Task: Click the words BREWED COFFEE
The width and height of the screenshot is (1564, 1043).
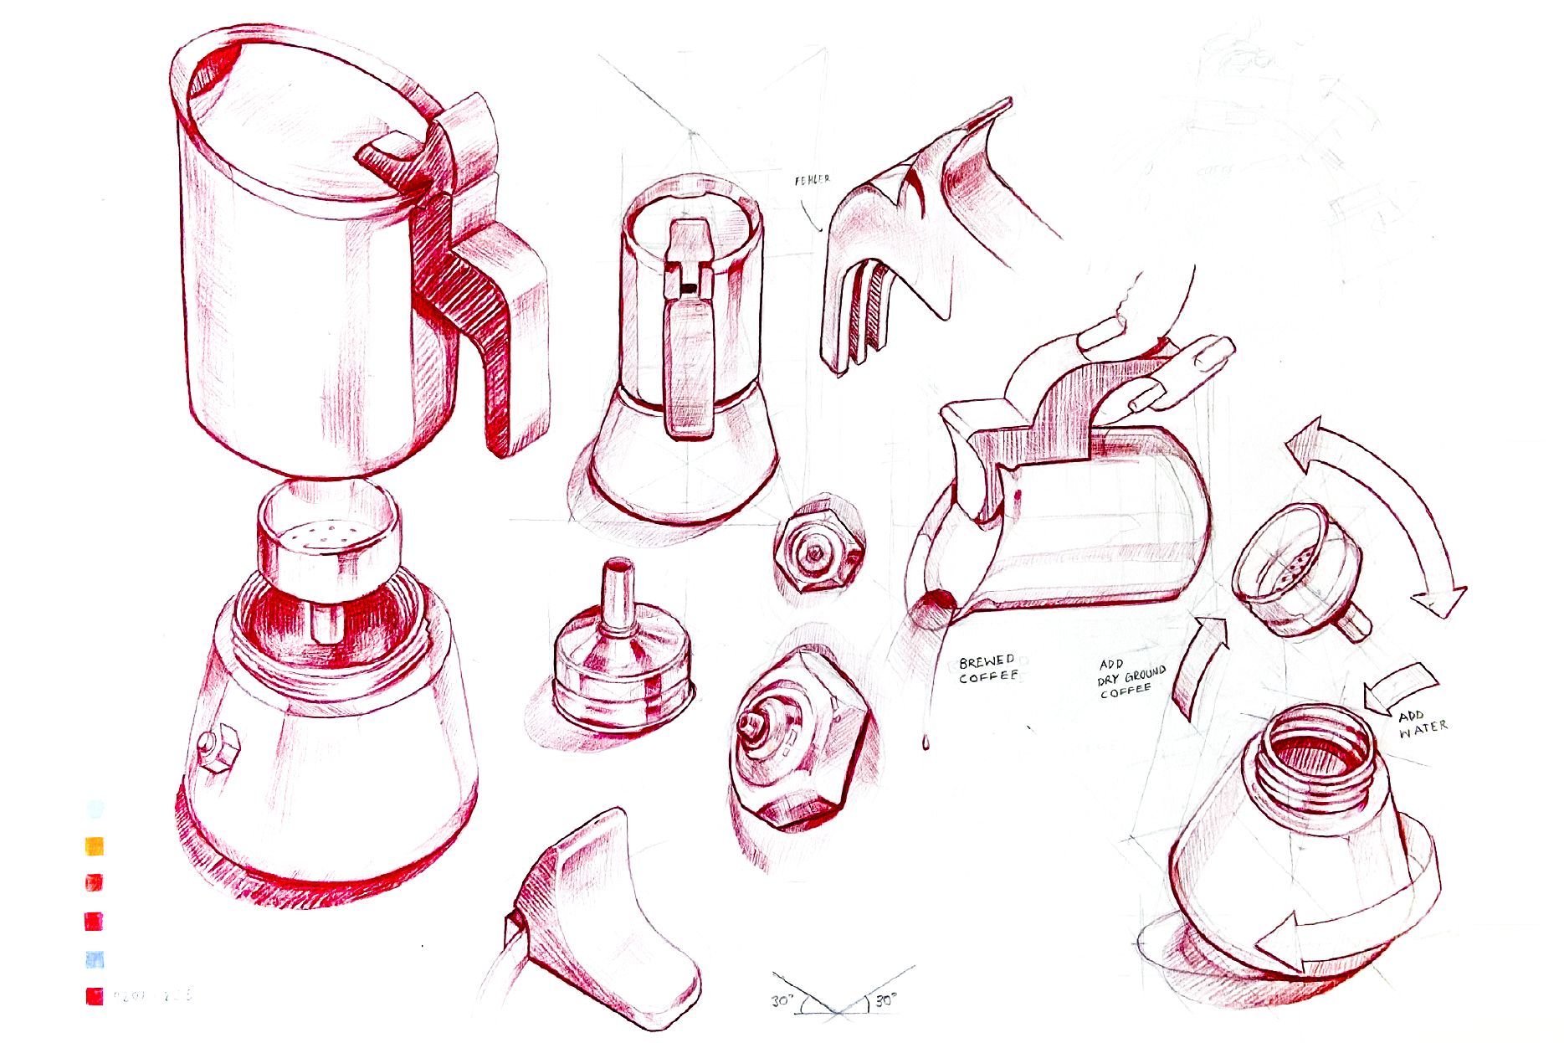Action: tap(987, 668)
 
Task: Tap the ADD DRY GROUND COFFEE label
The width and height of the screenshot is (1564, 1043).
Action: tap(1131, 677)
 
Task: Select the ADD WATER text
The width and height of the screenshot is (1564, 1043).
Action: tap(1422, 722)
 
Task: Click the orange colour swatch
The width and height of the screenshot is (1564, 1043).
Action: tap(95, 846)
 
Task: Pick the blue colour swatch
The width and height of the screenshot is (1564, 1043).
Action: tap(95, 959)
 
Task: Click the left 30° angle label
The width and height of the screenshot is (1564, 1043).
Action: tap(782, 1000)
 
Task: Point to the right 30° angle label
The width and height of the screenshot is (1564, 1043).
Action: tap(885, 999)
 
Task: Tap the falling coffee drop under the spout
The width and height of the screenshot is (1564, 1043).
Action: tap(926, 742)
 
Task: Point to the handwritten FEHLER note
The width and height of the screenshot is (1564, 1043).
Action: tap(812, 180)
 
